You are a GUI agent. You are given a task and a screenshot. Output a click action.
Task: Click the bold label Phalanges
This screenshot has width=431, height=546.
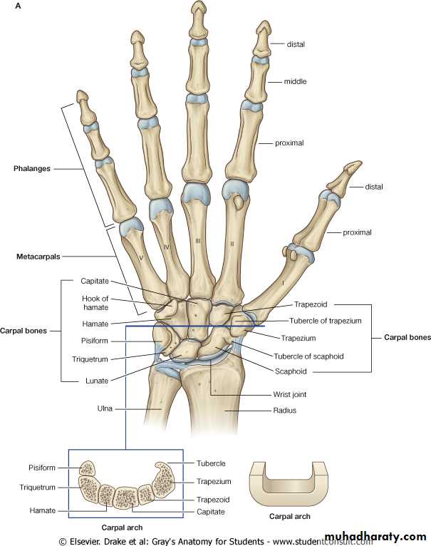click(x=31, y=168)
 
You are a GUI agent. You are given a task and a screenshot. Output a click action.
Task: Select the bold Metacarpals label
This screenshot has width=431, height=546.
click(x=38, y=257)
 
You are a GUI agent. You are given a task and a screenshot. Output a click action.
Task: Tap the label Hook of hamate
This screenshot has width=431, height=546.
click(x=95, y=303)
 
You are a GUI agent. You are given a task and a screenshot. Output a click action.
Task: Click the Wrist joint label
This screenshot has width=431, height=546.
click(x=290, y=394)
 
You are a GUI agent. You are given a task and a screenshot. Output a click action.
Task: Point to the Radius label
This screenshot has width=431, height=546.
click(x=284, y=411)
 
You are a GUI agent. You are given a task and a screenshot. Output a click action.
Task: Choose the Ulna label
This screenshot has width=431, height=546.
click(x=105, y=408)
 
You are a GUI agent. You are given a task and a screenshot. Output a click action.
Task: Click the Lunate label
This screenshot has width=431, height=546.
click(x=97, y=381)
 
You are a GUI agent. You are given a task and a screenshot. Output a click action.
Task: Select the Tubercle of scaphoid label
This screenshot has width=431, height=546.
click(x=308, y=356)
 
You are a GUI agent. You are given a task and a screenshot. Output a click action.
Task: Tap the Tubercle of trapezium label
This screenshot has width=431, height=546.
click(x=325, y=321)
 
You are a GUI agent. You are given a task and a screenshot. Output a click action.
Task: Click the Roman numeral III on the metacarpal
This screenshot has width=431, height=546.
click(x=198, y=241)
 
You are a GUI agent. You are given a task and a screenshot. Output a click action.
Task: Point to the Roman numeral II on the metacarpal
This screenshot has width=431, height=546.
click(x=232, y=244)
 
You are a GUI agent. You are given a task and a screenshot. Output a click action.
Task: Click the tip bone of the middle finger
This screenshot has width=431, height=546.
click(x=199, y=19)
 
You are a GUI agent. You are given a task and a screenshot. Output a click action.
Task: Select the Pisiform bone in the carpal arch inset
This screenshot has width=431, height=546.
click(x=88, y=468)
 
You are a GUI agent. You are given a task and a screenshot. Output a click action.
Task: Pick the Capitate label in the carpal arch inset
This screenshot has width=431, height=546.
click(x=210, y=512)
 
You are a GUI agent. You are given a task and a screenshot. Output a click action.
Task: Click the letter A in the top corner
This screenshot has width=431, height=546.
click(x=18, y=6)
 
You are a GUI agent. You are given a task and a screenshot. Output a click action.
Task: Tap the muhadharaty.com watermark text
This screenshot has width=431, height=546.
click(x=375, y=536)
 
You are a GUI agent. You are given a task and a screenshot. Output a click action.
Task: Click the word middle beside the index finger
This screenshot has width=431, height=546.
click(x=295, y=81)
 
